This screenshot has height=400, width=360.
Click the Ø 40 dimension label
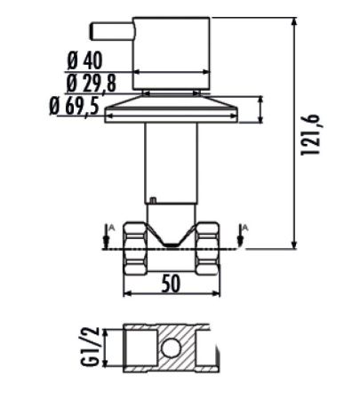click(x=86, y=61)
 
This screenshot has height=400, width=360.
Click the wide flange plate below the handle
click(x=172, y=111)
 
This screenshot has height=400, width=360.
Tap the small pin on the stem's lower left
click(x=152, y=201)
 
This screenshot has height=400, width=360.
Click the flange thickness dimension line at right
click(x=260, y=110)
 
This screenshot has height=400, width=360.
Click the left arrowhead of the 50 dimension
click(x=125, y=294)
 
